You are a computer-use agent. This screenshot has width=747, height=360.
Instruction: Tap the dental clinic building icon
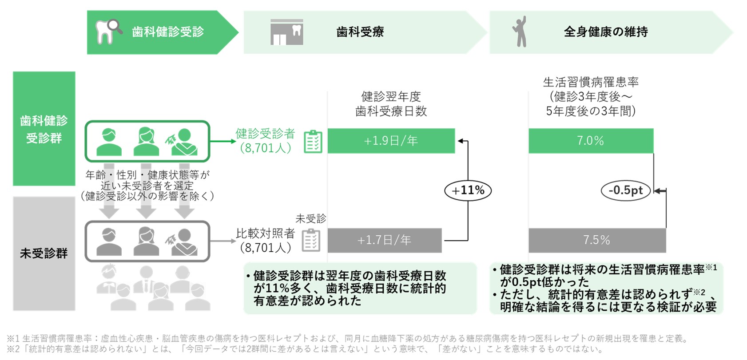click(287, 32)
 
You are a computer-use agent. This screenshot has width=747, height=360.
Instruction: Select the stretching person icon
click(520, 32)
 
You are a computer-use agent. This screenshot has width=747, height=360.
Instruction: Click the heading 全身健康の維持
click(606, 32)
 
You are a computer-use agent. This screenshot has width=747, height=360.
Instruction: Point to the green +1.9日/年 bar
click(391, 141)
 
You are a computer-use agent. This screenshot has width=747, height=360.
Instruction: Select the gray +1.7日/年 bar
click(385, 240)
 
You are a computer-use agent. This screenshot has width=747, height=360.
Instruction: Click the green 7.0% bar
click(591, 141)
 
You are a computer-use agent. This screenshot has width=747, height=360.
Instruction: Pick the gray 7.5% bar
click(597, 240)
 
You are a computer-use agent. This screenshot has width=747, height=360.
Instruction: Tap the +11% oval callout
click(468, 191)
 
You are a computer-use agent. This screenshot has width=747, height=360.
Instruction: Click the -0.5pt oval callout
click(626, 191)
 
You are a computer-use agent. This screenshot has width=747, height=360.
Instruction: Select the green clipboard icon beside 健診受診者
click(313, 141)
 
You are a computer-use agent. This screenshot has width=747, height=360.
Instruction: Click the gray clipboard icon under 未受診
click(311, 240)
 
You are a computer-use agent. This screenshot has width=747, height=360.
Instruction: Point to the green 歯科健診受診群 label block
click(44, 129)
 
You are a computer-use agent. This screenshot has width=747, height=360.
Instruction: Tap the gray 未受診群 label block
click(44, 253)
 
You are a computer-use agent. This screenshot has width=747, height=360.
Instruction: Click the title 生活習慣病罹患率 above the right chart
click(591, 82)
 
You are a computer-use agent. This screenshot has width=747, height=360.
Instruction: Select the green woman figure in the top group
click(146, 141)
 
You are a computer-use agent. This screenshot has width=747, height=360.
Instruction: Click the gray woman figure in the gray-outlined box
click(146, 241)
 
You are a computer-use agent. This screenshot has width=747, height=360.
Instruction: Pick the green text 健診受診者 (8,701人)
click(266, 141)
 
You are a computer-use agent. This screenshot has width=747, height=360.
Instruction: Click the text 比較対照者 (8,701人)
click(266, 240)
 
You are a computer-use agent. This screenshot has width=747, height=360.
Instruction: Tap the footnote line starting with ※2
click(306, 349)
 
